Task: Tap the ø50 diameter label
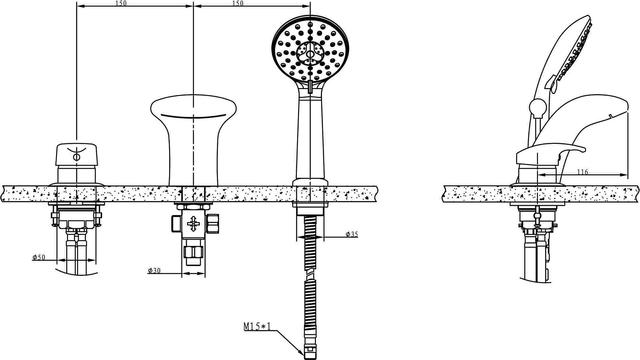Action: click(x=39, y=257)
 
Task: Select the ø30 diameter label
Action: click(x=154, y=270)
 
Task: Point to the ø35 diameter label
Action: click(x=352, y=234)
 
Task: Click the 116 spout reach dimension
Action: click(x=582, y=172)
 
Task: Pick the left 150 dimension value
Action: click(x=121, y=3)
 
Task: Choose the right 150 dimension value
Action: click(x=238, y=3)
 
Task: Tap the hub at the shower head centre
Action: click(x=310, y=54)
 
